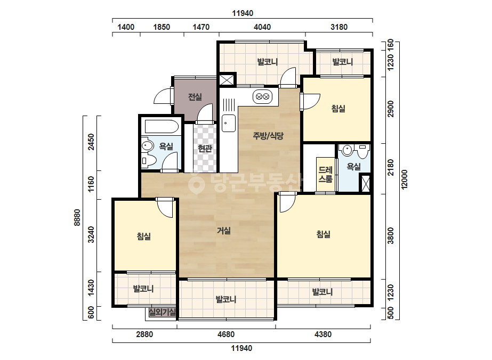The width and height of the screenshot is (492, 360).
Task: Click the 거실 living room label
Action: pos(224,231)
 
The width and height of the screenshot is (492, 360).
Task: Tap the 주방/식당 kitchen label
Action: pos(268,136)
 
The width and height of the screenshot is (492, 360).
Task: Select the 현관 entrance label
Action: pos(205,149)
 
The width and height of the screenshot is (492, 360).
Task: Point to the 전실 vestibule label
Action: pos(195,97)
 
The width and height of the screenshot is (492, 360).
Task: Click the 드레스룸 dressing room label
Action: pos(325,175)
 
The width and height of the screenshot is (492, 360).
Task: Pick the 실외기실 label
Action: pos(162,312)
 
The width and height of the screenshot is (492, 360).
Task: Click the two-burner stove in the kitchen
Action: pos(263,96)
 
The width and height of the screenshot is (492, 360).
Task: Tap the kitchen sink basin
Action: pos(229,123)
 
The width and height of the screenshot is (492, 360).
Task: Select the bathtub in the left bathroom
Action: pos(162,127)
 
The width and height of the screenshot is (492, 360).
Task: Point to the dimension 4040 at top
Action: pos(262,27)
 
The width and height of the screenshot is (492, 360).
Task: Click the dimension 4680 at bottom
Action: pos(226,334)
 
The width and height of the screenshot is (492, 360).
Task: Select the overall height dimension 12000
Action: pos(405,179)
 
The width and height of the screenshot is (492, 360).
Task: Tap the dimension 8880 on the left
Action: pos(77,217)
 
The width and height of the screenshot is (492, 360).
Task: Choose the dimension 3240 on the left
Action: pos(91,234)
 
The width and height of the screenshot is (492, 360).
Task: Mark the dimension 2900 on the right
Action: pos(390,109)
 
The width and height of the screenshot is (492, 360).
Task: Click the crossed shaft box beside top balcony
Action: pos(227,80)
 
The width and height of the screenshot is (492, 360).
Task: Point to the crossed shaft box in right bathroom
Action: pos(365,183)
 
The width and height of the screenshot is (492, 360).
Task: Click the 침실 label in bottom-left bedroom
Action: pos(144,236)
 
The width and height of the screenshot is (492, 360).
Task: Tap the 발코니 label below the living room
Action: pos(226,299)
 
